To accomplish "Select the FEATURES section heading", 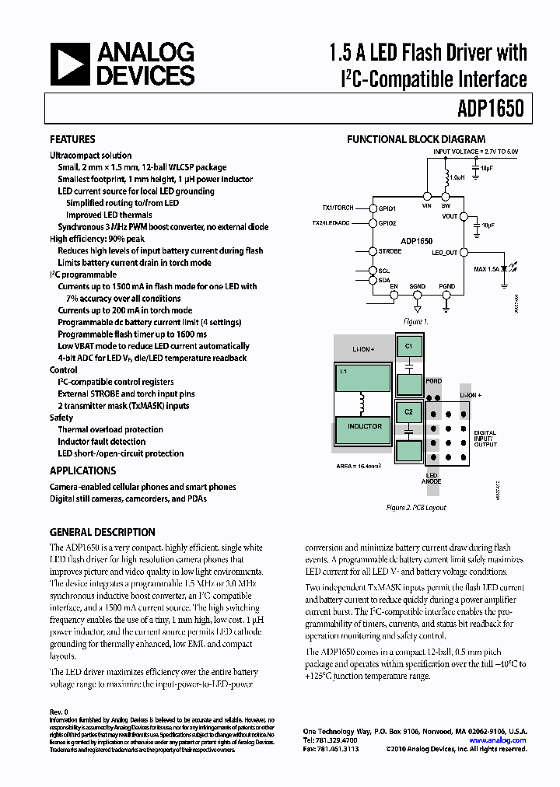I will click(x=72, y=140).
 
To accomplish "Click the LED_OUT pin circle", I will click(x=464, y=252).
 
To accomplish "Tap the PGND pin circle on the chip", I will click(x=446, y=296).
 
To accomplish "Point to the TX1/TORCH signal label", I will click(x=338, y=208).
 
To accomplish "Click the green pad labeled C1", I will click(x=408, y=344).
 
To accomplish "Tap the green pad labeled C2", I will click(x=408, y=410).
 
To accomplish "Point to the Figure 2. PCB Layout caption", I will click(x=416, y=507).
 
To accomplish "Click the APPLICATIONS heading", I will click(x=82, y=470).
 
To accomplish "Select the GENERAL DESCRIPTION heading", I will click(x=102, y=533).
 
